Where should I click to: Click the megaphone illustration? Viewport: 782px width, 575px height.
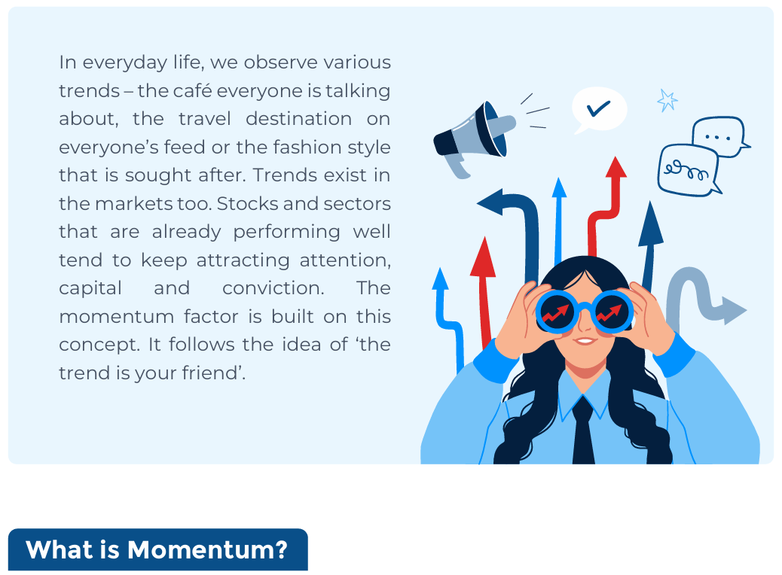(474, 138)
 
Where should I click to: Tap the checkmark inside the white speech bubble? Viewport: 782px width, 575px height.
(598, 108)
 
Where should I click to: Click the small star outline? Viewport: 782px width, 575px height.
(667, 101)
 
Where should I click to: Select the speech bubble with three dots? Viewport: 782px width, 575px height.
(719, 135)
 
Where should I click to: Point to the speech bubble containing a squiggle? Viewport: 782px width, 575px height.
(689, 170)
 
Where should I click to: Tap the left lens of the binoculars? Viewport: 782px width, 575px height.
(555, 312)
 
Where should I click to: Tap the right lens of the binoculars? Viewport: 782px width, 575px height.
(612, 312)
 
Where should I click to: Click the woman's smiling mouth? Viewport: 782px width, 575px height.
(584, 341)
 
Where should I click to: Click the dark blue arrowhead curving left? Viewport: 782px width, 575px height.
(490, 202)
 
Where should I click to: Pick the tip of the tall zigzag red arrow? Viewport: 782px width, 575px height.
(616, 157)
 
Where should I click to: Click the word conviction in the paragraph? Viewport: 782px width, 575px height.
(273, 288)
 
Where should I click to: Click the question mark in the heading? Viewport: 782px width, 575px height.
(280, 549)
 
